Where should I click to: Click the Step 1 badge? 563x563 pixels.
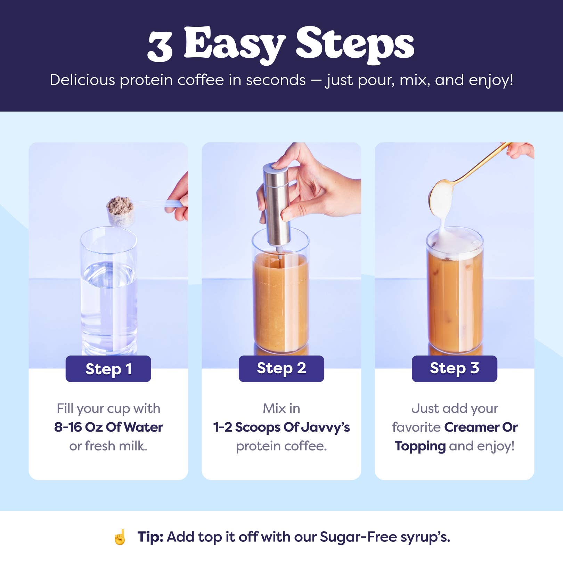tap(108, 369)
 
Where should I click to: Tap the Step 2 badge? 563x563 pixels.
tap(281, 369)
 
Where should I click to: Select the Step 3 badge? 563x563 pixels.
tap(454, 369)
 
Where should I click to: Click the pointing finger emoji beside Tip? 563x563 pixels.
tap(120, 537)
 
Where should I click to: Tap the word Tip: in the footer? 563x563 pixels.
tap(150, 537)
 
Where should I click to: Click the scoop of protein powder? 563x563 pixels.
tap(120, 211)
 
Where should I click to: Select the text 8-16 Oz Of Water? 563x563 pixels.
tap(108, 427)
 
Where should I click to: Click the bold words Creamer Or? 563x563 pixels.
tap(481, 427)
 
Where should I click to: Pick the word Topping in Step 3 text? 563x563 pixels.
tap(420, 446)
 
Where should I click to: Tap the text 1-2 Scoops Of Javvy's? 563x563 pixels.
tap(281, 427)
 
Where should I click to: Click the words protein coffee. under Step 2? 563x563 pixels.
tap(281, 446)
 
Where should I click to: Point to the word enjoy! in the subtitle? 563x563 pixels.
tap(491, 80)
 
